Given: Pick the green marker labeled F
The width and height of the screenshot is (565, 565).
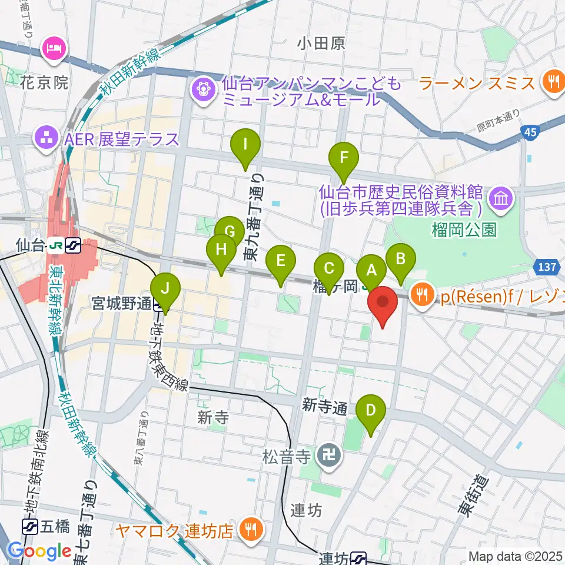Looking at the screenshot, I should (x=344, y=158).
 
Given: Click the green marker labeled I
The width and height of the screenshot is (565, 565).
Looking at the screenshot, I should (x=246, y=143).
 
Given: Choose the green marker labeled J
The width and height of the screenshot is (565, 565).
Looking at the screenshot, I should (x=165, y=288).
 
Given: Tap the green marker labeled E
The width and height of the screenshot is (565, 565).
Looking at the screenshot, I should (x=281, y=260).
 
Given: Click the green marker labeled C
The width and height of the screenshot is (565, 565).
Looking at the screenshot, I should (x=329, y=268).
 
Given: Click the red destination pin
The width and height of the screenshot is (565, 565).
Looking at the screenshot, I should (x=383, y=302).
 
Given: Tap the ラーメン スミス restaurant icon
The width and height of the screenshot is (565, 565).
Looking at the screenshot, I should (x=553, y=82).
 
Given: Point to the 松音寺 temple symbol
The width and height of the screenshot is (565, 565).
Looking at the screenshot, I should (x=325, y=455).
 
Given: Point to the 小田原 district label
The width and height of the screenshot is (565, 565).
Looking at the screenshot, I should (x=321, y=43).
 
